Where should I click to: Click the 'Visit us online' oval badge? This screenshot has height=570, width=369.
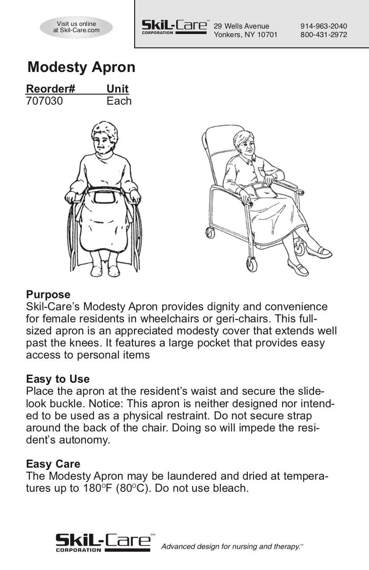click(x=76, y=27)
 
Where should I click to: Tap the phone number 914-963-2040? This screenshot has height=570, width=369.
click(x=323, y=26)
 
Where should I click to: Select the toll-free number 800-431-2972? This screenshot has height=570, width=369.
click(x=323, y=35)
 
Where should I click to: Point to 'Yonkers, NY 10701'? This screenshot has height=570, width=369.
click(x=245, y=35)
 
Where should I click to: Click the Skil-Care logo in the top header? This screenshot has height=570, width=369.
click(x=174, y=27)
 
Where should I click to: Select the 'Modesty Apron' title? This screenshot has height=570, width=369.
click(x=81, y=67)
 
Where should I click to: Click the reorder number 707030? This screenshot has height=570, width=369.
click(x=45, y=101)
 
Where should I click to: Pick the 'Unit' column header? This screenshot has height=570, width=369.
click(x=118, y=89)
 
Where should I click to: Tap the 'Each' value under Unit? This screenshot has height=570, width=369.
click(x=119, y=101)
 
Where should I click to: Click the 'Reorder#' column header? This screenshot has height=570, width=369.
click(x=51, y=89)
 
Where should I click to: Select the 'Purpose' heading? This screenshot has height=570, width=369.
click(x=48, y=294)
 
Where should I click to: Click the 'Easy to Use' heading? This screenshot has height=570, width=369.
click(x=58, y=379)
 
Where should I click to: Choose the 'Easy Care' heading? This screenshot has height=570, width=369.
click(x=53, y=464)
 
